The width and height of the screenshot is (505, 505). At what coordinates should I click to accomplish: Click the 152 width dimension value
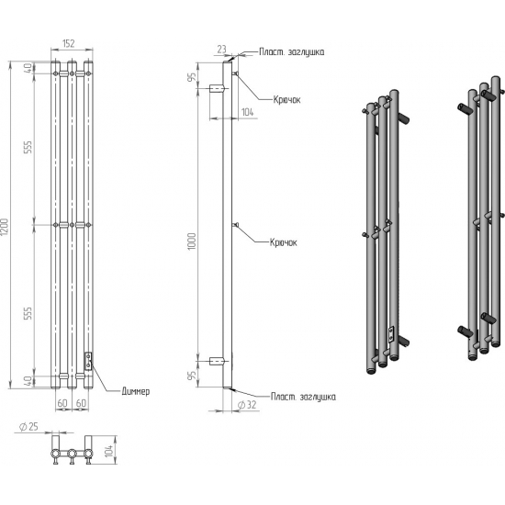tap(68, 43)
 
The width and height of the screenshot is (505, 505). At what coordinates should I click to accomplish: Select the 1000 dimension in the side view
tap(192, 241)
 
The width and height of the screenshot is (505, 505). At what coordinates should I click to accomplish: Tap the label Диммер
tap(136, 391)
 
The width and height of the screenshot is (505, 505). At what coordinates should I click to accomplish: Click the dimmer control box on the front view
tap(88, 361)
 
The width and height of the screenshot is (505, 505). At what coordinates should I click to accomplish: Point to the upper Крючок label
tap(286, 100)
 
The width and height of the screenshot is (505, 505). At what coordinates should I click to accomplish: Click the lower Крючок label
tap(283, 242)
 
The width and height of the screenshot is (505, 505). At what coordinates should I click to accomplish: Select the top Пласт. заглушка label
tap(292, 51)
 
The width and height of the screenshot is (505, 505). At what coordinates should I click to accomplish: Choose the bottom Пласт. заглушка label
tap(303, 397)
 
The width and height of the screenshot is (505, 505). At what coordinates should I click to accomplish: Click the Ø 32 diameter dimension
tap(247, 405)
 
